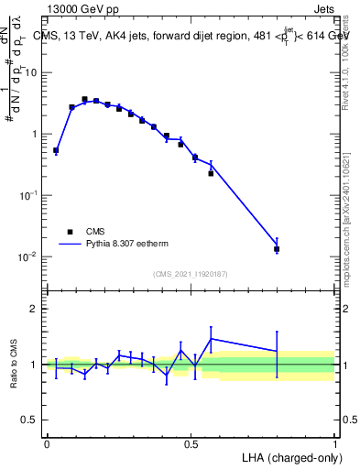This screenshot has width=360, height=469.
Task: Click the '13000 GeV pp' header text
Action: [82, 9]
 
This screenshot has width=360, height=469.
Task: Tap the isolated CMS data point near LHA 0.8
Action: [277, 248]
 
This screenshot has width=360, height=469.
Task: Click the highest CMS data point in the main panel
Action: [84, 99]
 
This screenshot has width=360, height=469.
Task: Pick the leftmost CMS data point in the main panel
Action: [56, 150]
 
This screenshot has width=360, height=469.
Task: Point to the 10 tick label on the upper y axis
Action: [32, 72]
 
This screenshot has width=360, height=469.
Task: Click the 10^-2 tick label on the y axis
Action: [28, 257]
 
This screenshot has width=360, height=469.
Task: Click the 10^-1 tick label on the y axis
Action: [28, 196]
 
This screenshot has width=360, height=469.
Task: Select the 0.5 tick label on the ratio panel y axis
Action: [30, 420]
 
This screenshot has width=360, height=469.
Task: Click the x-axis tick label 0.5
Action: [191, 443]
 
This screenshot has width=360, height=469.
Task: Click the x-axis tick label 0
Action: [47, 443]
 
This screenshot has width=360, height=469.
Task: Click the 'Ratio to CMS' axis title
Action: [14, 365]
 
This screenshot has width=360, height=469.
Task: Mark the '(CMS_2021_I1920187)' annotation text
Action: [190, 274]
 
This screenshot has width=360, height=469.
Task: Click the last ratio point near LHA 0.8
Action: [277, 351]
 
